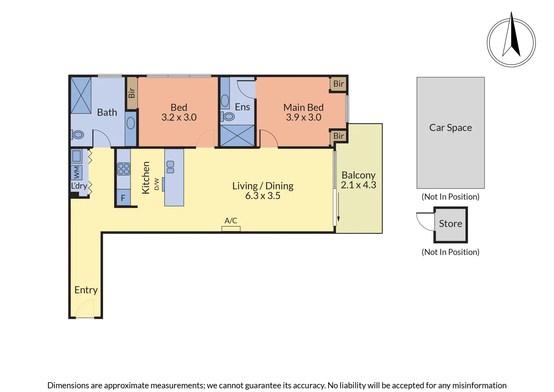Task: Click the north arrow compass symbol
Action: click(511, 42)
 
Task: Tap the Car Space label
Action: click(450, 128)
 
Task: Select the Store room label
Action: click(450, 224)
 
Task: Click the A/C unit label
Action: click(231, 221)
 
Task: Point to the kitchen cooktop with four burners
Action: click(123, 169)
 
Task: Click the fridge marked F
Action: click(123, 198)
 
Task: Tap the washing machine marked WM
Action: click(77, 172)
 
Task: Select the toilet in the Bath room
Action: click(77, 135)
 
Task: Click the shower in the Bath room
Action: click(81, 95)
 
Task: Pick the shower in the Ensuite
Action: click(237, 136)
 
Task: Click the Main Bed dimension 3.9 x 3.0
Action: click(303, 117)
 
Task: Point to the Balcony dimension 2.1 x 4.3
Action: click(358, 185)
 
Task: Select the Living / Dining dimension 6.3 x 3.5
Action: click(263, 196)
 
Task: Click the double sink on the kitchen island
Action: click(170, 167)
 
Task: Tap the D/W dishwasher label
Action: click(156, 184)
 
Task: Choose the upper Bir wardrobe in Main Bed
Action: click(338, 84)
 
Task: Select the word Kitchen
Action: click(145, 178)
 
